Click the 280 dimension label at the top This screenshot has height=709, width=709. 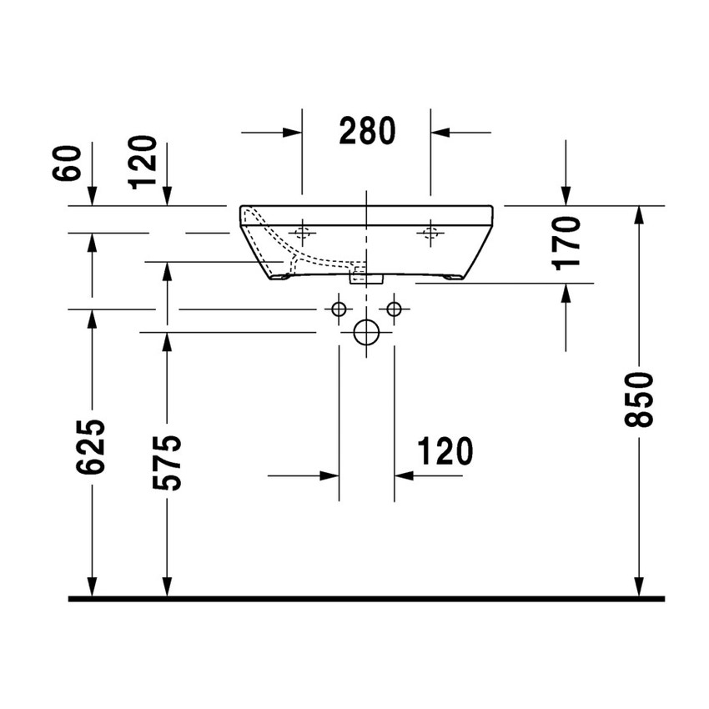366,131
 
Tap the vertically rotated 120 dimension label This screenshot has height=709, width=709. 143,161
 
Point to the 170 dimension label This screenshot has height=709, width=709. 567,242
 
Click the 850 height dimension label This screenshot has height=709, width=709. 641,400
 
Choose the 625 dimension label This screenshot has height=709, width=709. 92,447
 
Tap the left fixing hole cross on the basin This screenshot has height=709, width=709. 302,233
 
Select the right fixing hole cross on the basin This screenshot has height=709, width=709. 430,233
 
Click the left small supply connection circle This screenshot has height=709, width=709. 339,309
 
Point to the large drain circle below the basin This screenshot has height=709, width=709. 366,332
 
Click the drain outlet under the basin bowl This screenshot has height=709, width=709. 365,276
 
